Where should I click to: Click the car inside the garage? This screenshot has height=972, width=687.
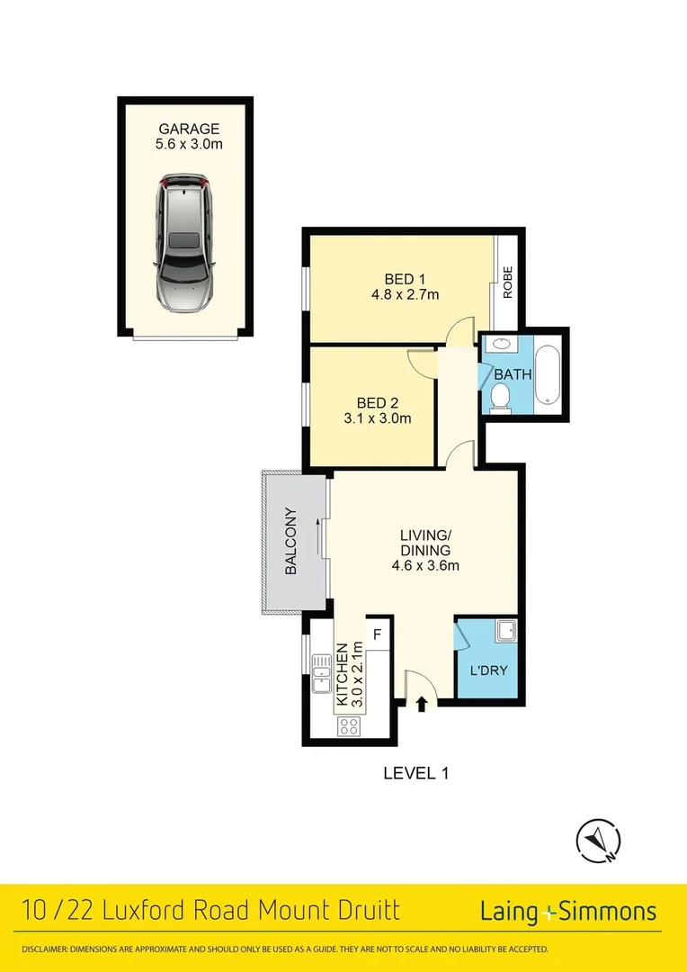[x=186, y=244]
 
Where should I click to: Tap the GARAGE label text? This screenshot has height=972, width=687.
[x=188, y=129]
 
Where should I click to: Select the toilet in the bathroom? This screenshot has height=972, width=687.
[x=500, y=396]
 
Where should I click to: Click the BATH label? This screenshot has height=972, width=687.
[x=512, y=374]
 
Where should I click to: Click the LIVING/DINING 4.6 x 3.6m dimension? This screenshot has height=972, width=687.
[x=425, y=566]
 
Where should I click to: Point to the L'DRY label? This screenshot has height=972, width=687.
[x=487, y=670]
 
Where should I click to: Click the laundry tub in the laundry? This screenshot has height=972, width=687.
[x=506, y=632]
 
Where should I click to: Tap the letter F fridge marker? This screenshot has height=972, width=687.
[x=378, y=634]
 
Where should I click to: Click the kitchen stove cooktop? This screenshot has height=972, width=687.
[x=348, y=726]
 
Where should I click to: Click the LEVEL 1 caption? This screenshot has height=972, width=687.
[x=415, y=772]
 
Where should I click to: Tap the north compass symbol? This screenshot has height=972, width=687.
[x=598, y=841]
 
